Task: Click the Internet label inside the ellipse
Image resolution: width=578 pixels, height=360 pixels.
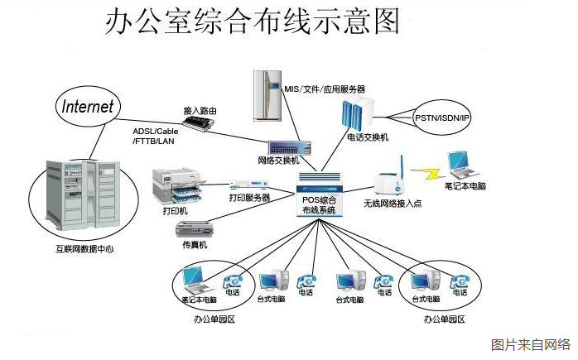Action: [x=87, y=107]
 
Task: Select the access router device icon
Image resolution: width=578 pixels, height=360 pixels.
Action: [x=200, y=124]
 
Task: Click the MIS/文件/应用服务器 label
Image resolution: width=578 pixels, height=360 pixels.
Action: [x=324, y=88]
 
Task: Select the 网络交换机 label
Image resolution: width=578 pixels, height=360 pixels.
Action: [x=279, y=161]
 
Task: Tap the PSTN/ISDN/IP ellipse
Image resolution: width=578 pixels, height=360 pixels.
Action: [x=442, y=118]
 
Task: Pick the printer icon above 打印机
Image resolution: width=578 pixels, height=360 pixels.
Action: [x=175, y=185]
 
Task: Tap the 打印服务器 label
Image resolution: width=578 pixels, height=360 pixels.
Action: [x=249, y=199]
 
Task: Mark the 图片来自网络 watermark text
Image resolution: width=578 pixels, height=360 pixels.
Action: [x=531, y=344]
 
